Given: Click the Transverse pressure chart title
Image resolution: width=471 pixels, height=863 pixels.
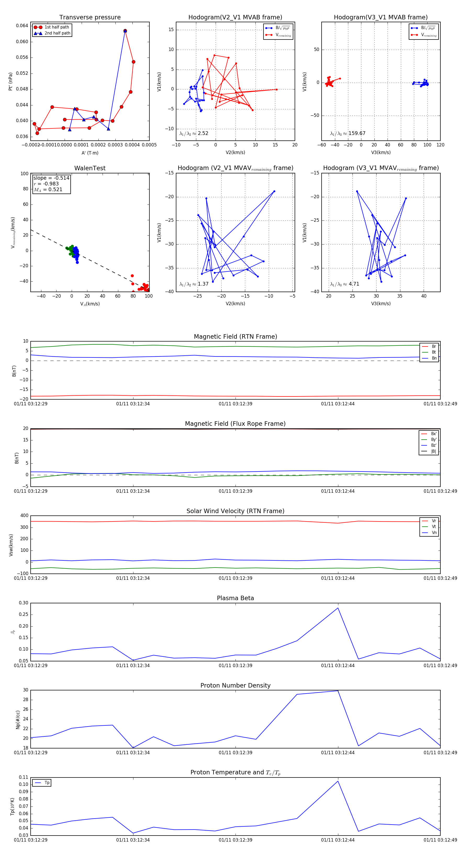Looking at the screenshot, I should coord(90,18).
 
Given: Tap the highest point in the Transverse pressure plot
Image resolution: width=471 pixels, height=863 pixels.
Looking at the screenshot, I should coord(125,31).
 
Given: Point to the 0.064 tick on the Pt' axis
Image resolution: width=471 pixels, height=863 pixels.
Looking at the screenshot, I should coord(22,26).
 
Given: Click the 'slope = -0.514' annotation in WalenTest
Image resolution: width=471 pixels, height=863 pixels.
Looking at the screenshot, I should coord(51,178).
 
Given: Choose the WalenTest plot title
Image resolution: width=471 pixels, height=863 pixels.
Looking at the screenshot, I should coord(90,168).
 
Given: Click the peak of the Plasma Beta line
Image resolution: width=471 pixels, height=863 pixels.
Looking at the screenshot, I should coord(338,608).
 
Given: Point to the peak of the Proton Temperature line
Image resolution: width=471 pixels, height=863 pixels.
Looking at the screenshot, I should coord(338,781).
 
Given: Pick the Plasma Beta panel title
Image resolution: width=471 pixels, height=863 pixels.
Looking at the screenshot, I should coord(235,598).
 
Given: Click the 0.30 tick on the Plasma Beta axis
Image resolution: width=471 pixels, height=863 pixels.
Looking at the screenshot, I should coord(24,603).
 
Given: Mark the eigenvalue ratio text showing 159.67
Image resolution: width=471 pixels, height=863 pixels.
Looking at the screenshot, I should coord(348,133).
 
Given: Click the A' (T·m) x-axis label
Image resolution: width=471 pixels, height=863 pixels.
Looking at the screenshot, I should coord(90,153).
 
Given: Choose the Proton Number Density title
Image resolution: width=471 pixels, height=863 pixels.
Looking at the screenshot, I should coord(235,685).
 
